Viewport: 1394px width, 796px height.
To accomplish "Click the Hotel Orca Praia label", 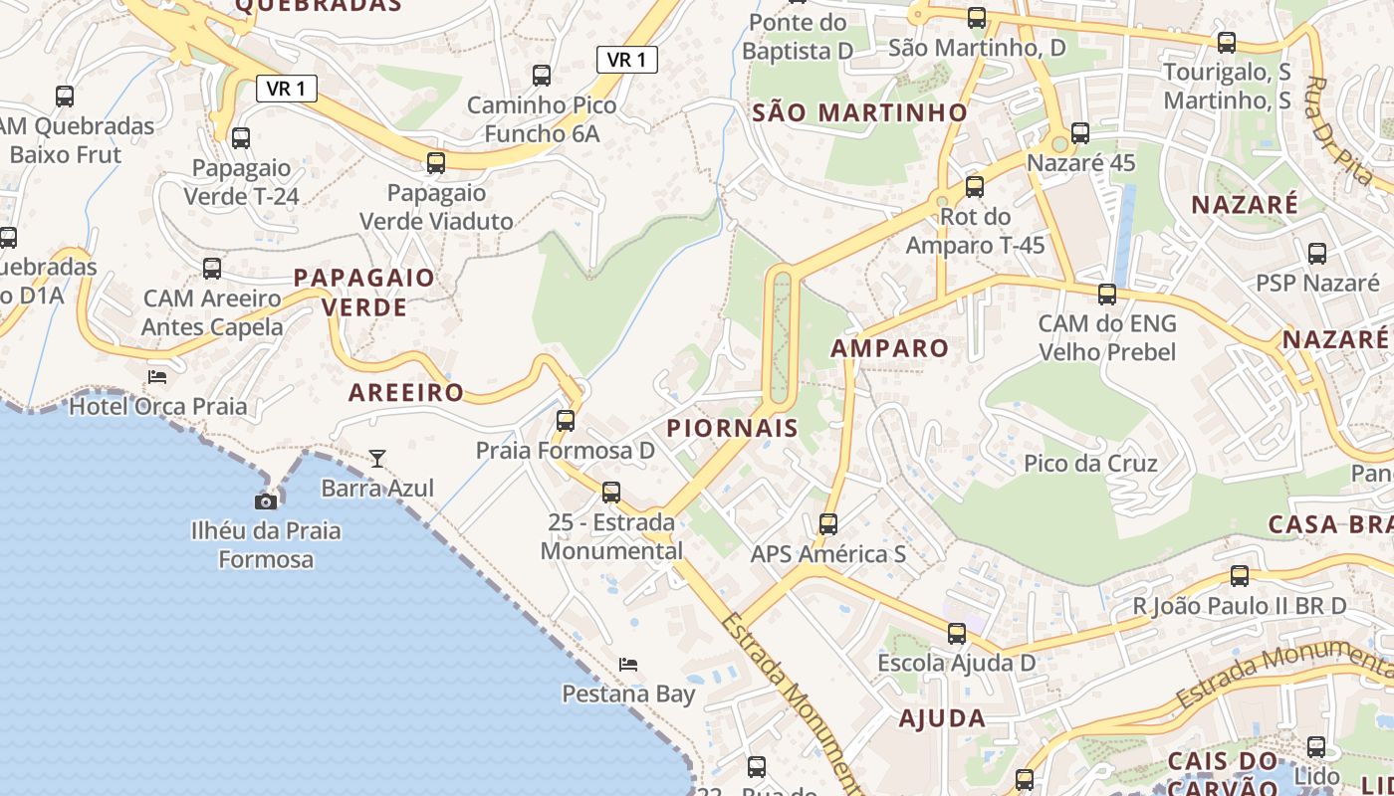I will pos(157,406).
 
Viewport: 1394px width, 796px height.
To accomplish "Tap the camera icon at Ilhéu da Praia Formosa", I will pos(266,501).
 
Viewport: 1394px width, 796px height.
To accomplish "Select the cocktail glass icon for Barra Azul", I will pos(377,458).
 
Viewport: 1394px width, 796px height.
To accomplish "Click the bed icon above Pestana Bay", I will pos(627,664).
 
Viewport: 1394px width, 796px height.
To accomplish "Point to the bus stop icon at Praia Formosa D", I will pos(566,420).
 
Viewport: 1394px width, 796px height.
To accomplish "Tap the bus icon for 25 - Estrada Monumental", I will pos(611,492).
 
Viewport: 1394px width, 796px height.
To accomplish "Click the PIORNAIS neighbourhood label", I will pos(732,429).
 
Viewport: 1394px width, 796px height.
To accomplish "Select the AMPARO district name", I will pos(889,348).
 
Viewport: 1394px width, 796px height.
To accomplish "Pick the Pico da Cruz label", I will pos(1090,464).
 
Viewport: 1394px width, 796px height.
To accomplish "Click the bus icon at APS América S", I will pos(828,523).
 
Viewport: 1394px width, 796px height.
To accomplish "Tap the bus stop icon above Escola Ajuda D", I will pos(957,633).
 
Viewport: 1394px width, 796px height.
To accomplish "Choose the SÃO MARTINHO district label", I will pos(859,112).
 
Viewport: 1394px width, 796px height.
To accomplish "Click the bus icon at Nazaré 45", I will pos(1080,132).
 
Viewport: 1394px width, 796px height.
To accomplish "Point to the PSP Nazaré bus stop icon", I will pos(1317,253).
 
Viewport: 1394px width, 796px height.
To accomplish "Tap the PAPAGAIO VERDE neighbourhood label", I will pos(364,292).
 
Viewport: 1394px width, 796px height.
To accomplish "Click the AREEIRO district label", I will pos(406,393).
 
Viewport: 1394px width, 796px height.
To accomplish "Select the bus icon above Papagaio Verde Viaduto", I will pos(436,162).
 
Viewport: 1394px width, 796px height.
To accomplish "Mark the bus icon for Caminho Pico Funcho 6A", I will pos(542,75).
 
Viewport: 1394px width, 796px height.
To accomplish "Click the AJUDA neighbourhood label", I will pos(942,718).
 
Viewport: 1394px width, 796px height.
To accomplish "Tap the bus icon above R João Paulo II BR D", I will pos(1240,575).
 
